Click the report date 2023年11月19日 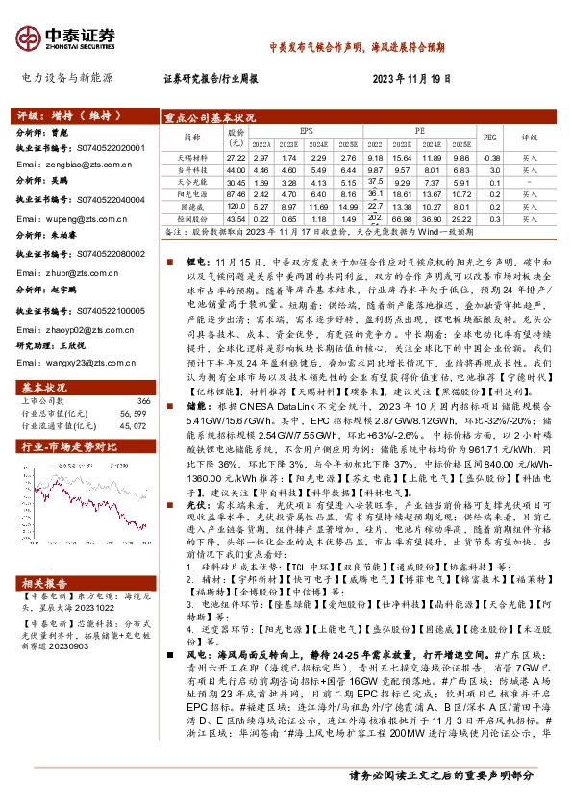point(411,78)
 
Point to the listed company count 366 point(143,373)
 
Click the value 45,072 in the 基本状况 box point(135,397)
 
